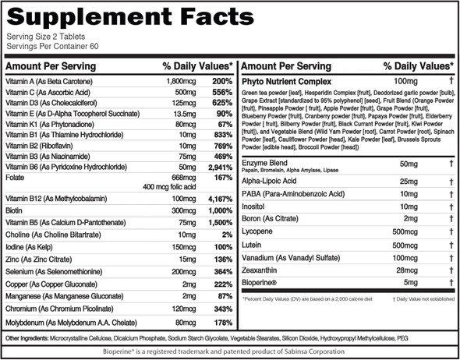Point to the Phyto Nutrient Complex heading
coord(288,82)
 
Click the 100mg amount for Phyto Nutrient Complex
coord(405,82)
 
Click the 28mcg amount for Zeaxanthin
coord(408,270)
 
